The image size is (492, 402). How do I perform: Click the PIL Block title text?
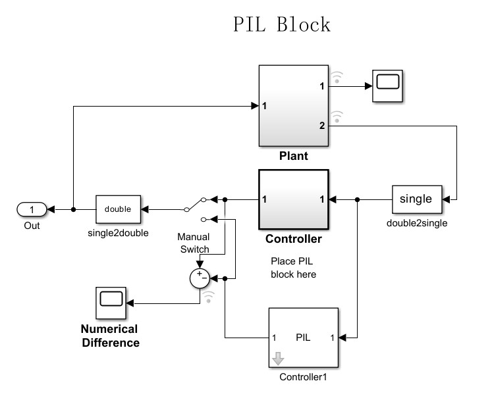tap(282, 24)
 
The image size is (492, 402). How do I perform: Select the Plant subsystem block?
tap(293, 106)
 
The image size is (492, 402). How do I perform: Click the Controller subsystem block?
tap(293, 198)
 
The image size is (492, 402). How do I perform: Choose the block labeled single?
tap(416, 199)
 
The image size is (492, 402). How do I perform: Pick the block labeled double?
tap(118, 209)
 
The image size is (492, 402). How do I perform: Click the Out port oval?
tap(32, 209)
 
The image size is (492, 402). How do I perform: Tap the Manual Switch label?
tap(194, 243)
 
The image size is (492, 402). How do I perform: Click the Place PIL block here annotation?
tap(293, 268)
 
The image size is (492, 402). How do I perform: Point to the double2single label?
tap(416, 223)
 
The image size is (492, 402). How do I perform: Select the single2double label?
tap(118, 233)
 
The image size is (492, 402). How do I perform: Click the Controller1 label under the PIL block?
tap(303, 378)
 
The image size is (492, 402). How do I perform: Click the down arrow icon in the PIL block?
tap(278, 359)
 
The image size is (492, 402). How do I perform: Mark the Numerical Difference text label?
tap(109, 336)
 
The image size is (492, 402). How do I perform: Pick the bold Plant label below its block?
tap(293, 157)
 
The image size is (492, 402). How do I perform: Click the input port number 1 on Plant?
tap(264, 106)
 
